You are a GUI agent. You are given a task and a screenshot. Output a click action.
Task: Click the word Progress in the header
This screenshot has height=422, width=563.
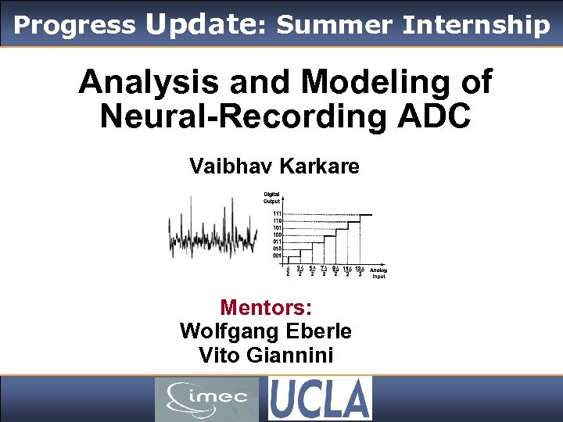tap(74, 26)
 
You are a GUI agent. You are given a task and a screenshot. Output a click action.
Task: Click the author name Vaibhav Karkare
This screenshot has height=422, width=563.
tap(274, 166)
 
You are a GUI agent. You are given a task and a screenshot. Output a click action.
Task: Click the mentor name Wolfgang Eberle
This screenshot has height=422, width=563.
tap(265, 331)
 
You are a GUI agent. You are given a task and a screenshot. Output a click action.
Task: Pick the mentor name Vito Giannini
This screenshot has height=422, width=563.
tap(266, 356)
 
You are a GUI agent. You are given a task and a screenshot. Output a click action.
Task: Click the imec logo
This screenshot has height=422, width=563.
tap(206, 399)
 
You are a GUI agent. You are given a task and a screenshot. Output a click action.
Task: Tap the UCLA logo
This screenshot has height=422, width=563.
tap(320, 399)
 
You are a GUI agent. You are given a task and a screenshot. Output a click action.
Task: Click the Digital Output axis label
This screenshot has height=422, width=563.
tap(272, 198)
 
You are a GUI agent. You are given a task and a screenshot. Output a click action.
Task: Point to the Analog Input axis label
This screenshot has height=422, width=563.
tap(378, 273)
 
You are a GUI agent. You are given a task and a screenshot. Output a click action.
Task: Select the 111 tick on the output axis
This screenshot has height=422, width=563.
tap(278, 213)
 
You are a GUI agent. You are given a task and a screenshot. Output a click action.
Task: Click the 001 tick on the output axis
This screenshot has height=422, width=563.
tap(278, 256)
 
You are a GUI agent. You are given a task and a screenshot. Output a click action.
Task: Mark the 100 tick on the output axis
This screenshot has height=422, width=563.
tap(278, 234)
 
